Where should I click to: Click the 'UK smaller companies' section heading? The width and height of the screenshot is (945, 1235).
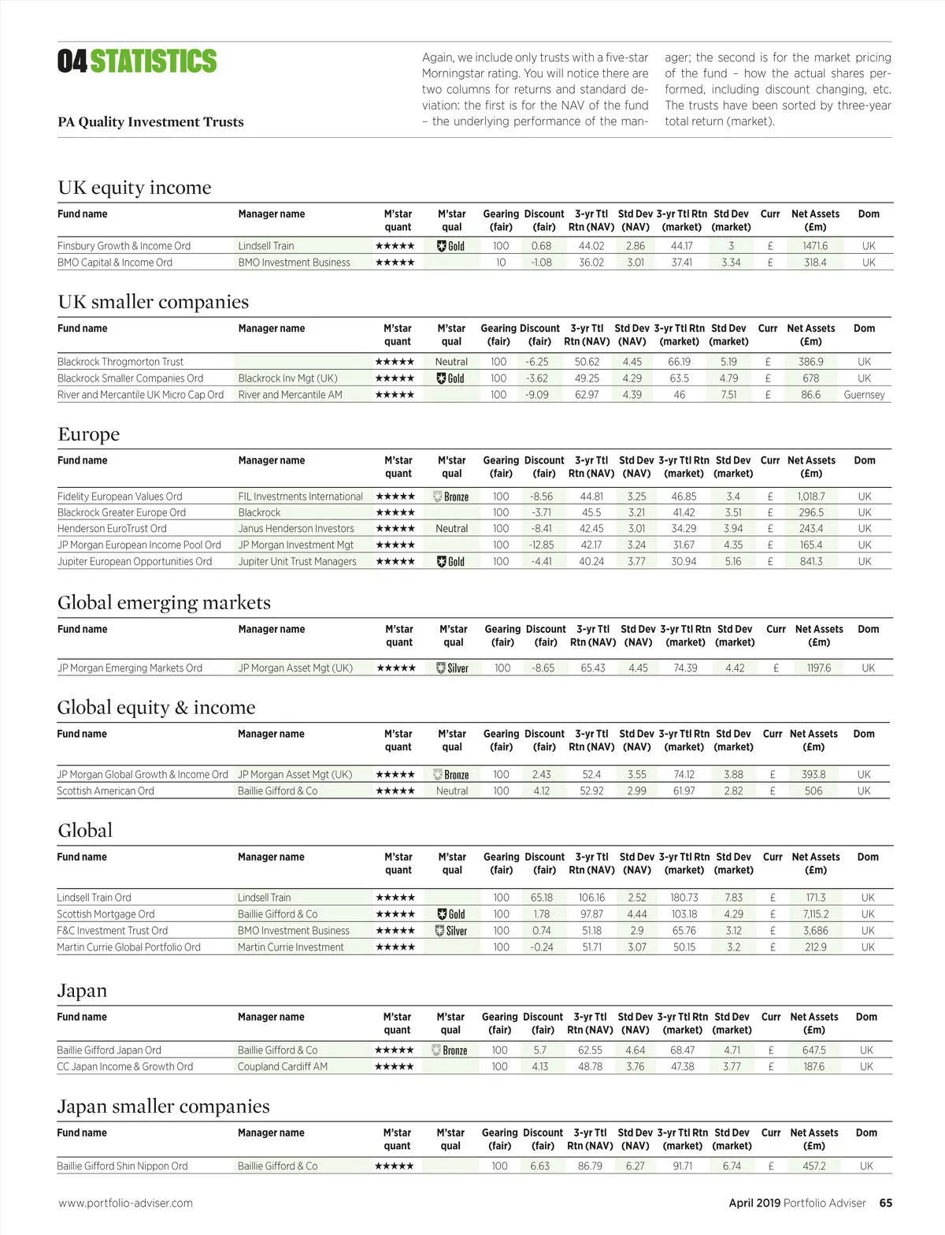pyautogui.click(x=153, y=302)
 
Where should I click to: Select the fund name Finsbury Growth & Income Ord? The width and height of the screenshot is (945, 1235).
pyautogui.click(x=124, y=246)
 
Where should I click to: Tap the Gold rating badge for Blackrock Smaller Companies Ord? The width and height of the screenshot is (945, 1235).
pyautogui.click(x=451, y=378)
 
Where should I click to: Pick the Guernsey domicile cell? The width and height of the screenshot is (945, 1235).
pyautogui.click(x=864, y=395)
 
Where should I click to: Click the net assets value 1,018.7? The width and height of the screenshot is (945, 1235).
pyautogui.click(x=810, y=497)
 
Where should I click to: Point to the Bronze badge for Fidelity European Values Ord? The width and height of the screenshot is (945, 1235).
pyautogui.click(x=451, y=497)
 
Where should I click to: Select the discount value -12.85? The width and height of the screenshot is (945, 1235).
pyautogui.click(x=541, y=545)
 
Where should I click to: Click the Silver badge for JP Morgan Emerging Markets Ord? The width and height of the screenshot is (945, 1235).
pyautogui.click(x=453, y=668)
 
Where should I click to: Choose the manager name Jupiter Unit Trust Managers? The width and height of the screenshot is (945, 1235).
pyautogui.click(x=297, y=561)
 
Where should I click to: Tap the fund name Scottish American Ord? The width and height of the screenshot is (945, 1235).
pyautogui.click(x=106, y=790)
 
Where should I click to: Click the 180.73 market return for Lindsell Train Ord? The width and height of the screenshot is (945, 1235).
pyautogui.click(x=684, y=898)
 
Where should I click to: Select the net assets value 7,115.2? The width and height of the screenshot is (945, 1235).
pyautogui.click(x=815, y=914)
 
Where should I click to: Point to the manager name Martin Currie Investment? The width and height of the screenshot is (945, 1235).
pyautogui.click(x=291, y=947)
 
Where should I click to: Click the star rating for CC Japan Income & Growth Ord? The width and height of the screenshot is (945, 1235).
pyautogui.click(x=394, y=1066)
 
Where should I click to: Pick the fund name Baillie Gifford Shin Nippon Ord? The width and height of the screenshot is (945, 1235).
pyautogui.click(x=122, y=1166)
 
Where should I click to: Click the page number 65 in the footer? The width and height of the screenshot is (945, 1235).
pyautogui.click(x=886, y=1203)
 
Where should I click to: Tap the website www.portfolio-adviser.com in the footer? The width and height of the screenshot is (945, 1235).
pyautogui.click(x=125, y=1203)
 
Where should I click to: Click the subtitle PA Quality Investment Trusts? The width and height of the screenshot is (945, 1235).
pyautogui.click(x=150, y=121)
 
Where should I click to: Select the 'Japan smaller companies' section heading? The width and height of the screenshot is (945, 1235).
pyautogui.click(x=163, y=1107)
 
